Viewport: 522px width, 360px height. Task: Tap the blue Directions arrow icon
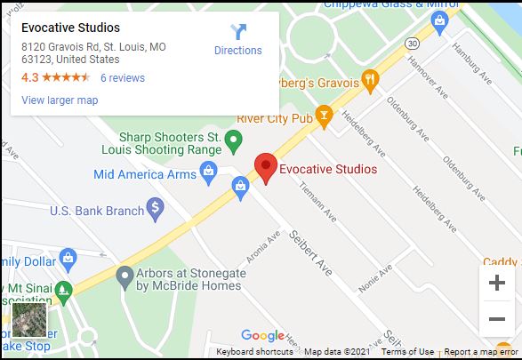(238, 32)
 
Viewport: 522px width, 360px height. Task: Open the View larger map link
(60, 100)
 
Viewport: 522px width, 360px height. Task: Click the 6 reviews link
(122, 78)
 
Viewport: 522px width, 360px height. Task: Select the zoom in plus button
(496, 284)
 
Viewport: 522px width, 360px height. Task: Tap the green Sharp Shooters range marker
(233, 140)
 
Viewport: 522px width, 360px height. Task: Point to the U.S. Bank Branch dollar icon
(156, 210)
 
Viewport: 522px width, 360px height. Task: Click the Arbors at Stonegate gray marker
(124, 276)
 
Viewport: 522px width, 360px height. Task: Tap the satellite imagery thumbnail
(28, 318)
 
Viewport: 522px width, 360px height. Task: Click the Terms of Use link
(407, 352)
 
